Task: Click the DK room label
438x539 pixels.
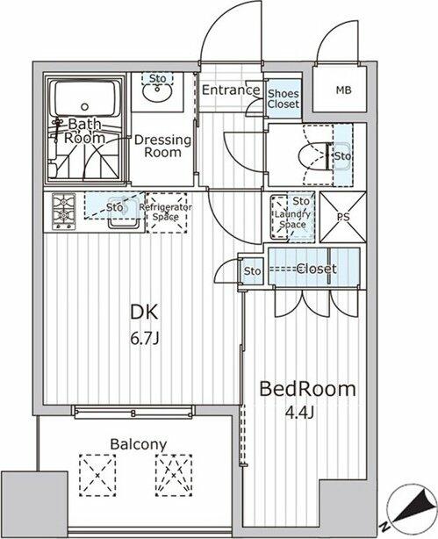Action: pos(144,313)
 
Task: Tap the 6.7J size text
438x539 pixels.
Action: pos(145,339)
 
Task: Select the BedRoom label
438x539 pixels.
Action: pos(307,389)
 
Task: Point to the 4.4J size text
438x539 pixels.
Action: pos(300,413)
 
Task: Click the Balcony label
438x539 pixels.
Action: pos(138,444)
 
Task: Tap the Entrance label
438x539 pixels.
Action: pos(231,90)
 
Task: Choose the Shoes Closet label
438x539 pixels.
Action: pos(284,98)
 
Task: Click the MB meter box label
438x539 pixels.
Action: pos(343,90)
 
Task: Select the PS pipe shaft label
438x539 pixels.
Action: pos(343,217)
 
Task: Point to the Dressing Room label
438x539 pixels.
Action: pos(162,146)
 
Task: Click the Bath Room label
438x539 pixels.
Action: pos(84,131)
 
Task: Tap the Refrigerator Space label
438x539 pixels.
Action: pos(166,212)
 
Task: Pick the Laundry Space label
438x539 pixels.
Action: pos(292,219)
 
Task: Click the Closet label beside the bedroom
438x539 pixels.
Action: pos(316,269)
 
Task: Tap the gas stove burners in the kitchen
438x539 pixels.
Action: pos(63,212)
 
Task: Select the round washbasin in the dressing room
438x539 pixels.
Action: pos(158,92)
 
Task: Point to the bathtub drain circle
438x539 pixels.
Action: pos(84,106)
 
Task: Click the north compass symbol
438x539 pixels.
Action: pos(411,508)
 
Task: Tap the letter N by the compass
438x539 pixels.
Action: pos(384,525)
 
